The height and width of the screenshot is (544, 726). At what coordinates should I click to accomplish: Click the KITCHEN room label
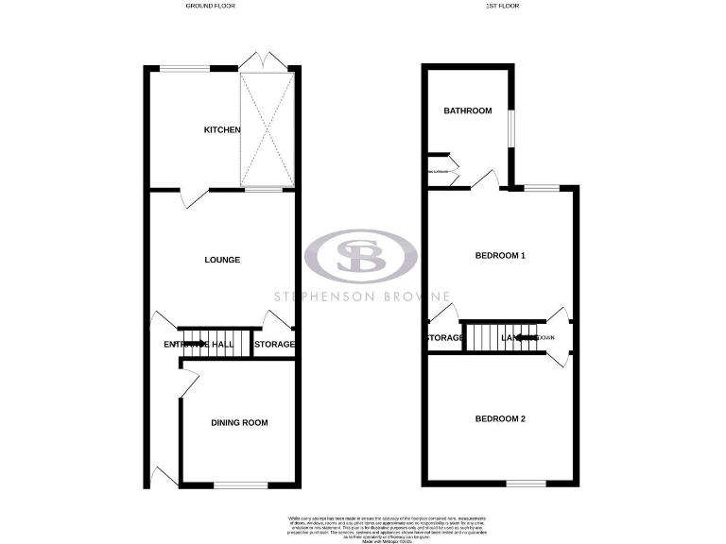click(x=223, y=129)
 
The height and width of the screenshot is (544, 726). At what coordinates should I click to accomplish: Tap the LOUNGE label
click(x=223, y=260)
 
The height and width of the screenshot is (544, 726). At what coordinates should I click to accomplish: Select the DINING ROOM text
click(x=239, y=423)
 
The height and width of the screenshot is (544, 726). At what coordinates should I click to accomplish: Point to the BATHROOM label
click(x=468, y=110)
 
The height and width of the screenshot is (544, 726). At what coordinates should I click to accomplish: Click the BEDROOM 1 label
click(x=499, y=256)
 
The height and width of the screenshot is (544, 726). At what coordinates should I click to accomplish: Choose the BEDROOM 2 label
click(x=499, y=418)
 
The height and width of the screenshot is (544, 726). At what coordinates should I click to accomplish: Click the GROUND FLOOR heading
click(x=210, y=6)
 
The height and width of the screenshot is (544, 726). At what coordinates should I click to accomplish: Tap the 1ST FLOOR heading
click(x=504, y=6)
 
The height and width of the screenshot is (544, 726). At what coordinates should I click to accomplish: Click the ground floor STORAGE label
click(x=274, y=345)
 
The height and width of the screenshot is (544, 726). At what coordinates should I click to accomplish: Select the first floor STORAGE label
click(x=444, y=337)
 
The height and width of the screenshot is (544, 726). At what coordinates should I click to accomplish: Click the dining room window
click(x=233, y=485)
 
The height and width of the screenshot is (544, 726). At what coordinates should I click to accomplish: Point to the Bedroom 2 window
click(x=526, y=483)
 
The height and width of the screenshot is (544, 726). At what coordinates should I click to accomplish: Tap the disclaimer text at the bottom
click(x=363, y=526)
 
